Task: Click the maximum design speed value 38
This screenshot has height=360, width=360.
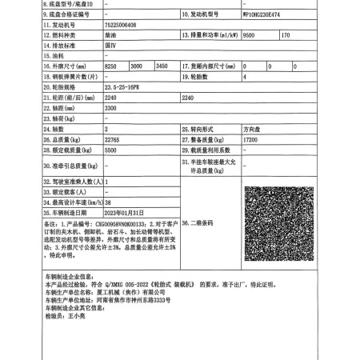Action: click(108, 202)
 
